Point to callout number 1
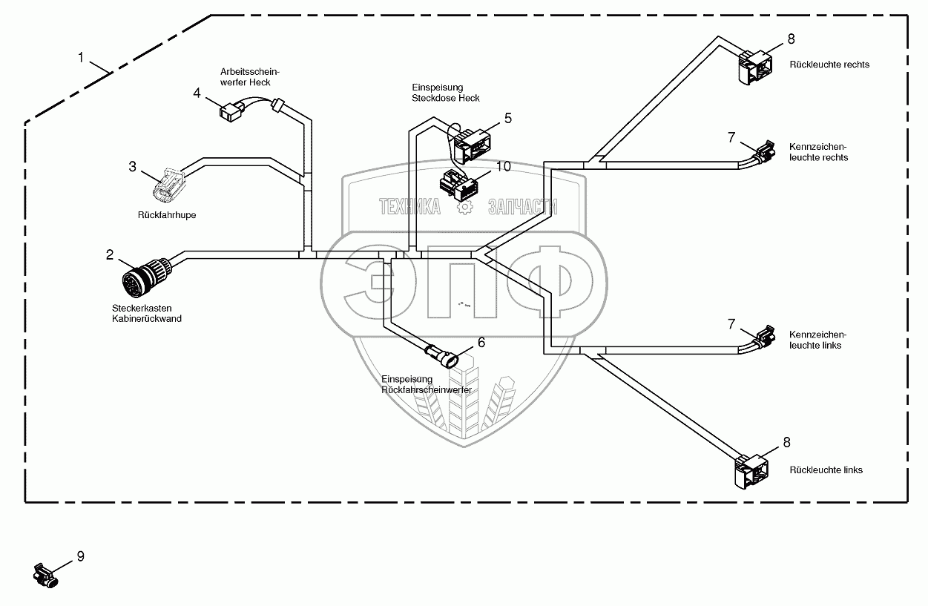[x=82, y=57]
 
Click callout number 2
[x=110, y=255]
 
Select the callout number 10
[x=504, y=166]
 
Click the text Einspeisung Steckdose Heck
[x=445, y=93]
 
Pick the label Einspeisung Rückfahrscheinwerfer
[x=426, y=383]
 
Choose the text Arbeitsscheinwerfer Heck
[x=245, y=77]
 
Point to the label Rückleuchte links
[x=826, y=470]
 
